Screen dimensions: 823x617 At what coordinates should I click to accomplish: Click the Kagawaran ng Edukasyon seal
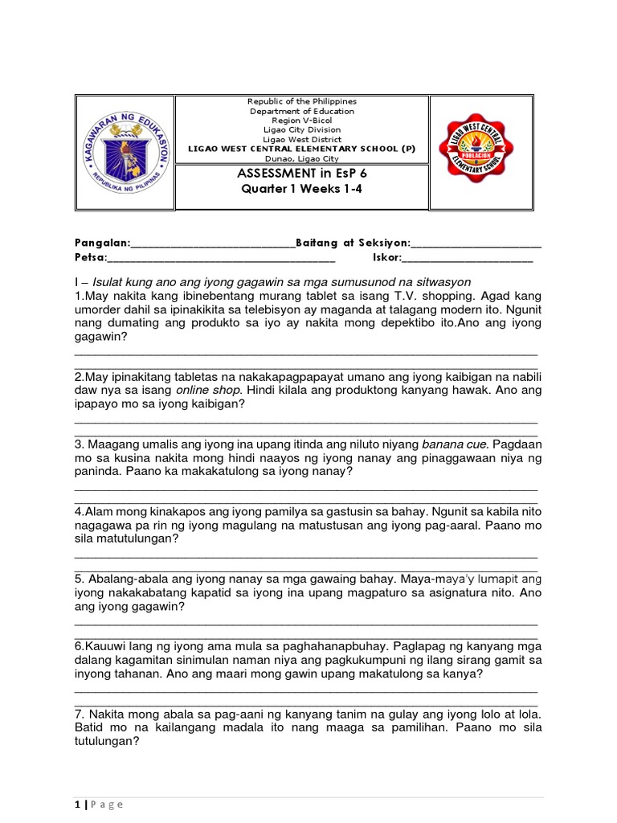coord(125,152)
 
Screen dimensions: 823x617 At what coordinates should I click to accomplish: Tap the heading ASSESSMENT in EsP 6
coord(301,173)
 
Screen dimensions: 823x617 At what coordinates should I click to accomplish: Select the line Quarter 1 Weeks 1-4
coord(301,189)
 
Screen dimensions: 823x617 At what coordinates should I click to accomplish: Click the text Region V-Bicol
coord(301,121)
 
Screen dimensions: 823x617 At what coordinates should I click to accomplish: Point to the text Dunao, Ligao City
coord(301,159)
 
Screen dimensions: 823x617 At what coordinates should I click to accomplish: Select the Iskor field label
coord(386,258)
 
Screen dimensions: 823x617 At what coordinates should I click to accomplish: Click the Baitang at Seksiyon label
coord(353,243)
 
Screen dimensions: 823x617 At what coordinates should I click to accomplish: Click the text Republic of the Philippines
coord(301,101)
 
